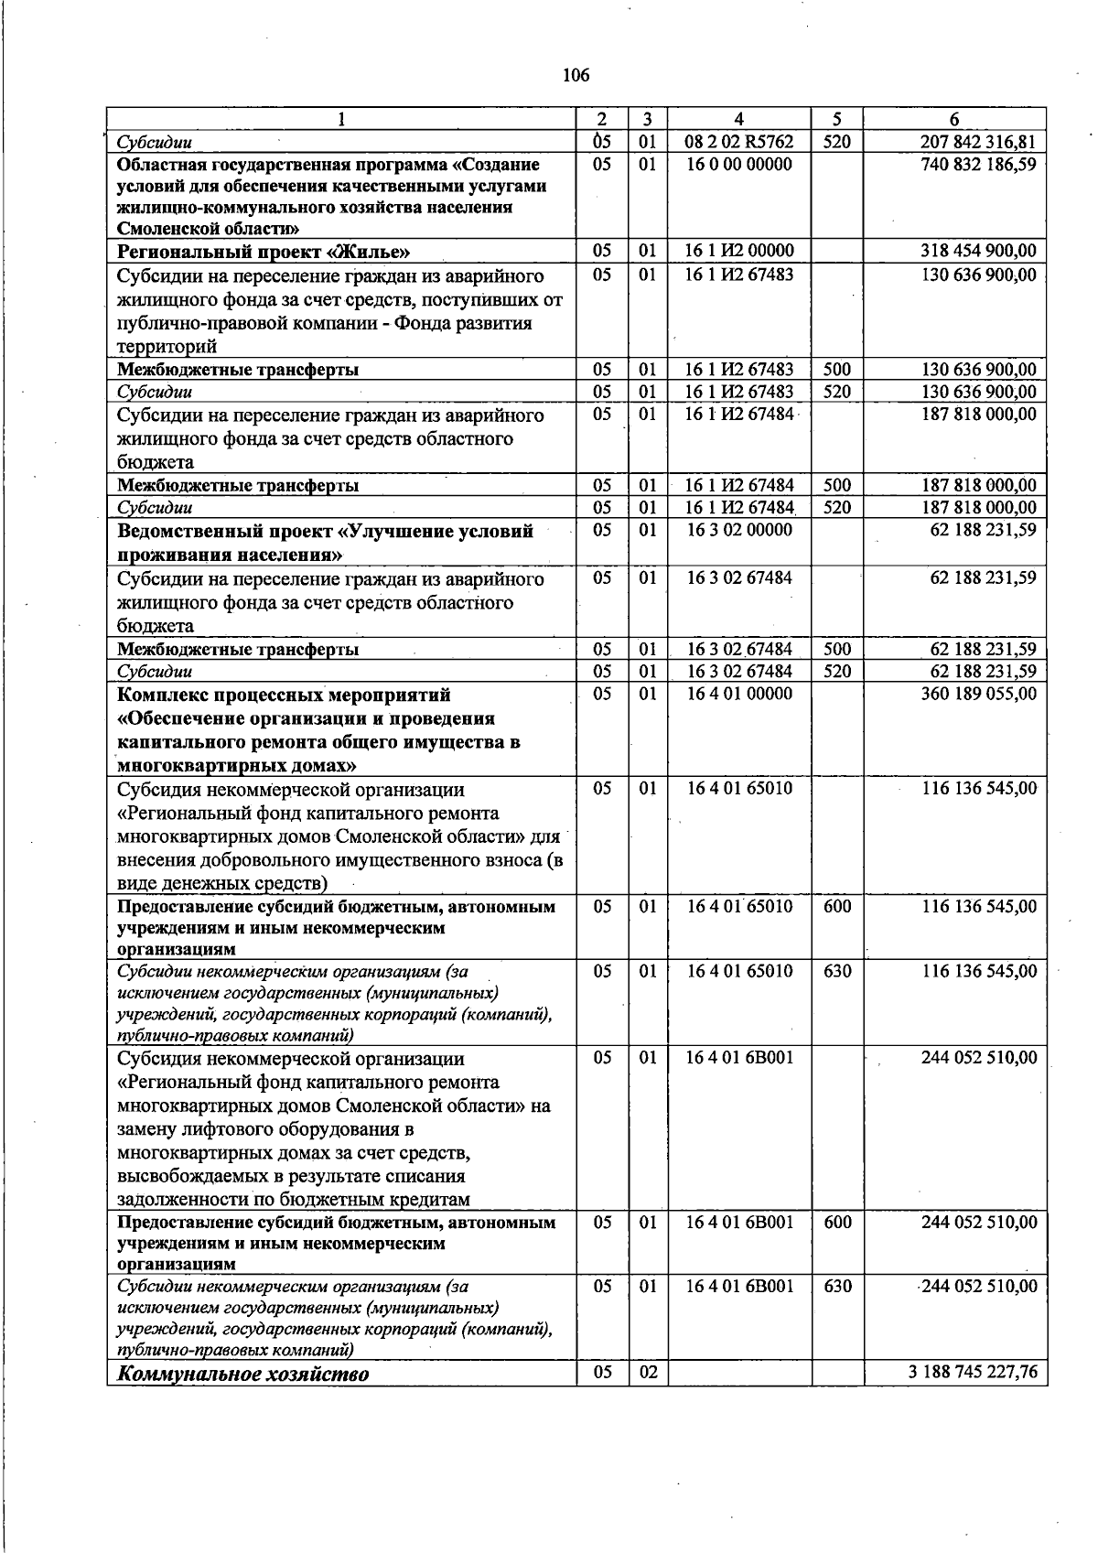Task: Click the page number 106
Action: [576, 76]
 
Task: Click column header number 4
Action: [738, 119]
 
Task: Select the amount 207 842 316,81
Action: [978, 142]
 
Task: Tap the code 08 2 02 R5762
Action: [738, 142]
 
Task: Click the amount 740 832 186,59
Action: [978, 165]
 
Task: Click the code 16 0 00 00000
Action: [738, 165]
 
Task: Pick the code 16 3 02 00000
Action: [739, 531]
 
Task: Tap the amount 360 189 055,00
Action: [978, 695]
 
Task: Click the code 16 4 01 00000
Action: [739, 695]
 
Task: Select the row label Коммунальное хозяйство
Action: [243, 1375]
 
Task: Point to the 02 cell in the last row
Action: [648, 1374]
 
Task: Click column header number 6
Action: [954, 119]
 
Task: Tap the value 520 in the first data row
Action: [836, 142]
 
